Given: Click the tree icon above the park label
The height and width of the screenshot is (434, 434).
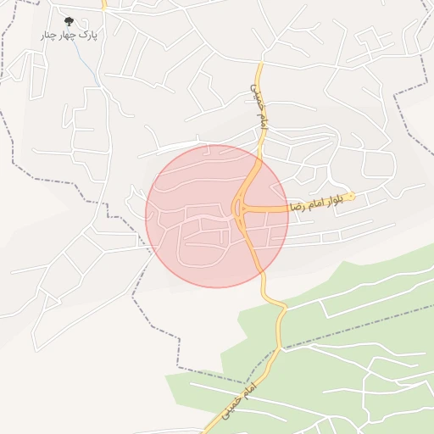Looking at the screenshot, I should tap(69, 21).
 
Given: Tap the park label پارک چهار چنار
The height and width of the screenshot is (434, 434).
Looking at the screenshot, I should tap(70, 36).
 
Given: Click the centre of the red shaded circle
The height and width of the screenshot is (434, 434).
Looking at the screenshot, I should tap(217, 216).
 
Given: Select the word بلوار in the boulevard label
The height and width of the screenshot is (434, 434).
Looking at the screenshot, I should tap(334, 199).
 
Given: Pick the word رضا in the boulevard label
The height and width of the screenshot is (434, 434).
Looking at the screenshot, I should tap(296, 205).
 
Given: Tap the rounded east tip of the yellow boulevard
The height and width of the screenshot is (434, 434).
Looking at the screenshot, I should tap(352, 197).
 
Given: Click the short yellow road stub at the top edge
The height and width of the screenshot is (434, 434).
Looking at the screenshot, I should tap(103, 4).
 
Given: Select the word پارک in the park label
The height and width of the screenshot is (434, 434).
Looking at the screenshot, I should tap(87, 36).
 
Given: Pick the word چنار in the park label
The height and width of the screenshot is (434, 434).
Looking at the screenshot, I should tap(49, 36).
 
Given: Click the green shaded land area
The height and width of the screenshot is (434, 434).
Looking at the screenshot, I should tap(356, 288).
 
